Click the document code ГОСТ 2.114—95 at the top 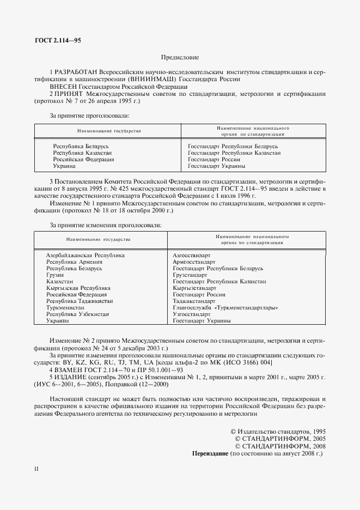[x=57, y=40]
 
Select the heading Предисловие [x=180, y=57]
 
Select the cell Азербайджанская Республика [x=86, y=255]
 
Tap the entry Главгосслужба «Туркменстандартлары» [x=225, y=308]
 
